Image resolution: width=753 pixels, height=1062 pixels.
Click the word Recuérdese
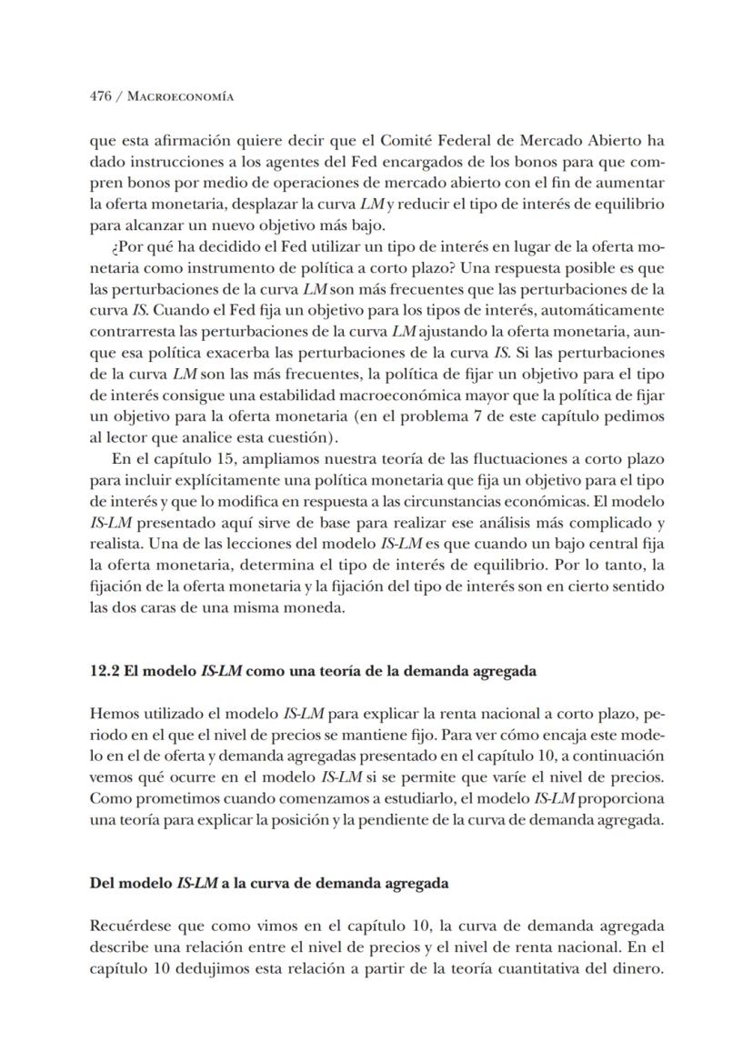pyautogui.click(x=132, y=926)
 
